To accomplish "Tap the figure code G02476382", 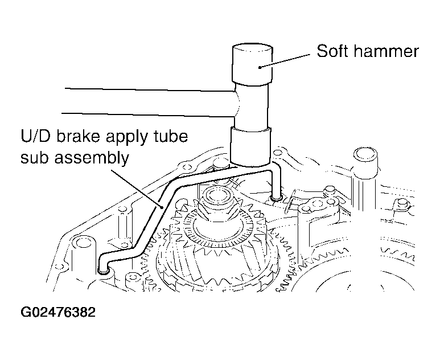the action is (x=58, y=312).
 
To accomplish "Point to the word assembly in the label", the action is (x=92, y=158).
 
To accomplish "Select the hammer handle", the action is (x=149, y=103).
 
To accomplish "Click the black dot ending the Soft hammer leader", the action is (x=260, y=67).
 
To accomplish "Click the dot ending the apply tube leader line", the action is (x=162, y=207).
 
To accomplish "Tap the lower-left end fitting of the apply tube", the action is (x=104, y=270).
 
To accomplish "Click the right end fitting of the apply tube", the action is (x=277, y=198).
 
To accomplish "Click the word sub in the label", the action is (x=35, y=158).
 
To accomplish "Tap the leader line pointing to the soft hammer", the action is (x=285, y=60).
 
